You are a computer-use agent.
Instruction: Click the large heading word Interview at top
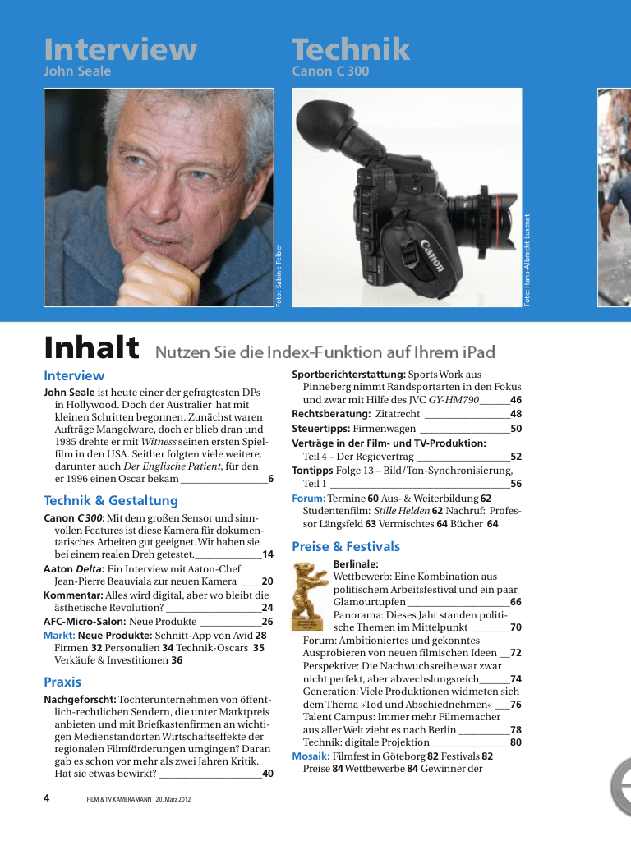tap(120, 50)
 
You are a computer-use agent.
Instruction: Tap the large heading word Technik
tap(351, 50)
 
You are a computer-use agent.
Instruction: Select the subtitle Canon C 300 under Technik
tap(330, 71)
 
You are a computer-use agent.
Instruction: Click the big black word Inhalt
tap(91, 347)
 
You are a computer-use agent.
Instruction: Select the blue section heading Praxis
tap(62, 682)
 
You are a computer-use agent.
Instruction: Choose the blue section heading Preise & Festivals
tap(346, 546)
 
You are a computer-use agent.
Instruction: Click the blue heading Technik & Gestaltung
tap(110, 500)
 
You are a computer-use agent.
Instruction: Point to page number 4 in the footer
tap(47, 797)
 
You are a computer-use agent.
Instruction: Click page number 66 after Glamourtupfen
tap(515, 603)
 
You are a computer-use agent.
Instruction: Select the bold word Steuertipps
tap(320, 429)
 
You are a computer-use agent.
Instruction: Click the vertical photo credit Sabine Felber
tap(279, 275)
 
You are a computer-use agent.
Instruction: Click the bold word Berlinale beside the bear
tap(356, 564)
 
